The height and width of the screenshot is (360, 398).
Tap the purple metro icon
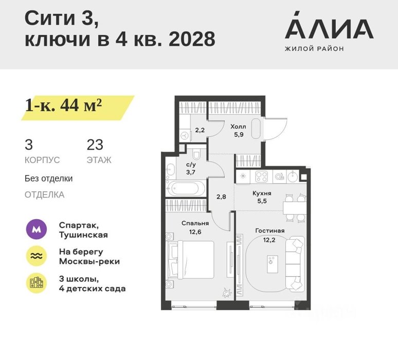pyautogui.click(x=37, y=229)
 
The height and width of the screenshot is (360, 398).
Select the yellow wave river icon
pyautogui.click(x=37, y=256)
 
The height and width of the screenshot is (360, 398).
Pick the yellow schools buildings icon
pyautogui.click(x=37, y=283)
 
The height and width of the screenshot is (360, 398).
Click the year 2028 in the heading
pyautogui.click(x=192, y=39)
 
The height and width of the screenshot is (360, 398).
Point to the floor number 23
pyautogui.click(x=95, y=145)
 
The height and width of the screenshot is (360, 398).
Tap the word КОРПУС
pyautogui.click(x=42, y=160)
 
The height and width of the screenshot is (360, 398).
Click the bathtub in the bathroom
pyautogui.click(x=186, y=189)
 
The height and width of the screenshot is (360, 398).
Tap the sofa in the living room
pyautogui.click(x=295, y=263)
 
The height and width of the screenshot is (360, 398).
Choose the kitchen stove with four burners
pyautogui.click(x=261, y=177)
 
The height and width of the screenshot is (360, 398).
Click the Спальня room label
pyautogui.click(x=195, y=223)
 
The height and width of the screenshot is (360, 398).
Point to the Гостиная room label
pyautogui.click(x=270, y=231)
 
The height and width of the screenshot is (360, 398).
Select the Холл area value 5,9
pyautogui.click(x=239, y=135)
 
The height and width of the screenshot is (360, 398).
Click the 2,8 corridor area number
pyautogui.click(x=221, y=197)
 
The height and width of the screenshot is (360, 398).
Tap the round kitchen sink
pyautogui.click(x=293, y=176)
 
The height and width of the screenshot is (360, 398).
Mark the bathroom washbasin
pyautogui.click(x=170, y=170)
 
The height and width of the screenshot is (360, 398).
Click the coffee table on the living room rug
pyautogui.click(x=273, y=264)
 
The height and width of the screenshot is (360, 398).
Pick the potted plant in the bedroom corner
pyautogui.click(x=227, y=293)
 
